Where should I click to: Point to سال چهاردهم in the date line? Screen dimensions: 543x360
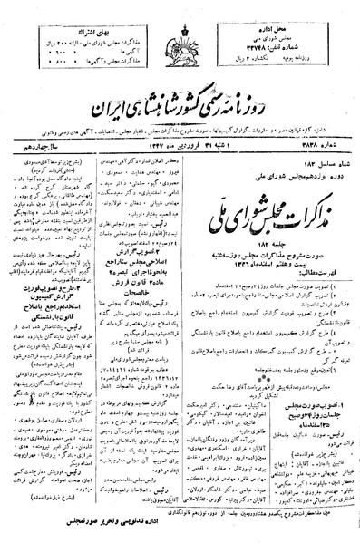coord(37,144)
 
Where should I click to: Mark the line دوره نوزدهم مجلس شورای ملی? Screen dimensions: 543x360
coord(299,169)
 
